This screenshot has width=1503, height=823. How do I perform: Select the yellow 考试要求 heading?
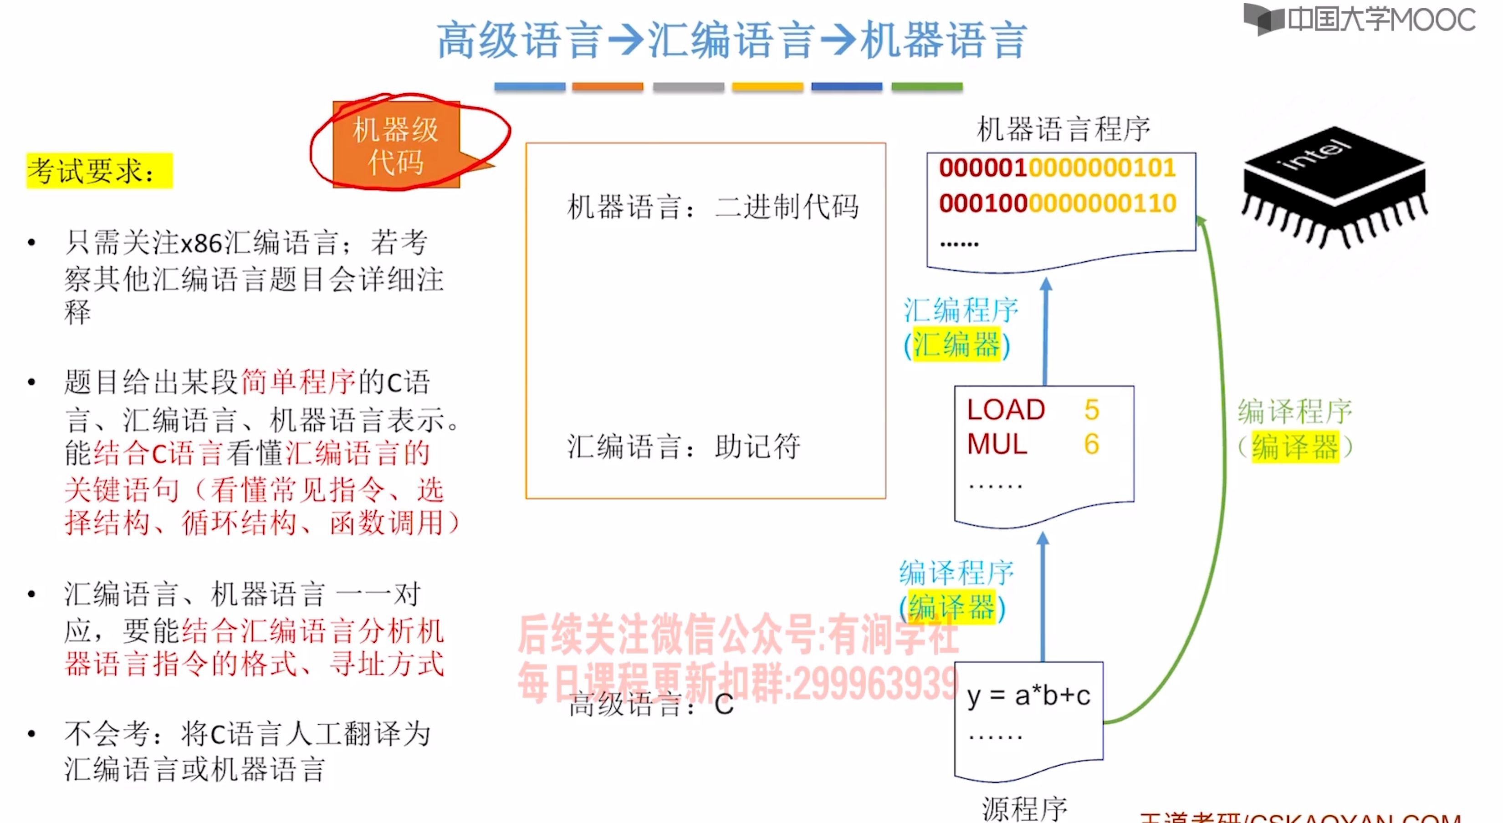click(99, 171)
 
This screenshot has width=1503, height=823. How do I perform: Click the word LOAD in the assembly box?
click(1005, 410)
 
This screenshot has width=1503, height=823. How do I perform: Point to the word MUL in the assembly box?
click(997, 444)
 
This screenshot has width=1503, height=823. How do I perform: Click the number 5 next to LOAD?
click(1092, 410)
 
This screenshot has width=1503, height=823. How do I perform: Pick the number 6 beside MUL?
click(1092, 444)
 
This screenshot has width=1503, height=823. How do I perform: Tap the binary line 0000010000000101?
click(1057, 168)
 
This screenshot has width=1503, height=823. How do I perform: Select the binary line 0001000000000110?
click(1057, 203)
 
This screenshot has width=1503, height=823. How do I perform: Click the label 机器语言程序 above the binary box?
click(1063, 129)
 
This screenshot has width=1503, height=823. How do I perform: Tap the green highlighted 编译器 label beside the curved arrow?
click(1294, 447)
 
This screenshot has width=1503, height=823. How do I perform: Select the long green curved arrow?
click(1219, 467)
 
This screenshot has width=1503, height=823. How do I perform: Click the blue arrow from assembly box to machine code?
click(1045, 332)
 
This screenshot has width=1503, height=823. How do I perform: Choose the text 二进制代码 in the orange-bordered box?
click(787, 207)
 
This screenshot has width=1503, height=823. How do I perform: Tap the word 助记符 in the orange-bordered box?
click(757, 447)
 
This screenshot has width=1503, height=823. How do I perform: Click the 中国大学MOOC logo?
click(1360, 20)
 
